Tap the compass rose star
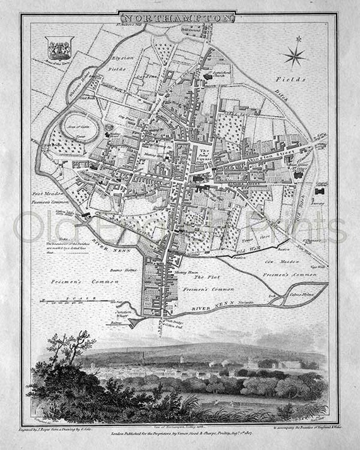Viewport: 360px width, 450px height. coord(294,56)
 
